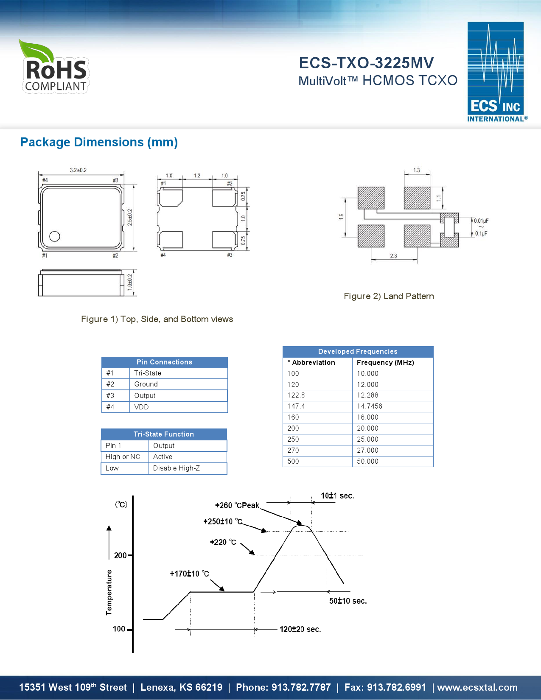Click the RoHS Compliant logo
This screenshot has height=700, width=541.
tap(54, 67)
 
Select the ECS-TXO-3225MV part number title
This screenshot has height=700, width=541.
tap(366, 63)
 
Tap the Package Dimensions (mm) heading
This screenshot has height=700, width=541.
tap(99, 142)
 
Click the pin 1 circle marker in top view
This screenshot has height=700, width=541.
tap(55, 236)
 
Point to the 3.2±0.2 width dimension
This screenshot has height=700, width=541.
tap(78, 170)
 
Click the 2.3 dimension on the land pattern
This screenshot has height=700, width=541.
tap(393, 256)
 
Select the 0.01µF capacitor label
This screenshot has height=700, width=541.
tap(481, 221)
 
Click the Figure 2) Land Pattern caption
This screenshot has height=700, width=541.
tap(389, 296)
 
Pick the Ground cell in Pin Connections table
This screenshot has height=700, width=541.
tap(146, 384)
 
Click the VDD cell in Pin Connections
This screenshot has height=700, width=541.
tap(141, 407)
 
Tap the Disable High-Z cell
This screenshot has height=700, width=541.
tap(176, 468)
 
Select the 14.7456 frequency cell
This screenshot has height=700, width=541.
tap(369, 406)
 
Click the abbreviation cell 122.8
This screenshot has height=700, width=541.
tap(296, 395)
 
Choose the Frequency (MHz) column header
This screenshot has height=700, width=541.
tap(385, 362)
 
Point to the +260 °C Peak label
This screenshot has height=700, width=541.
tap(237, 505)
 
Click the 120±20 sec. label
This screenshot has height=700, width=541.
tap(300, 629)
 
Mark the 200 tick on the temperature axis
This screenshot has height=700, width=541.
tap(121, 555)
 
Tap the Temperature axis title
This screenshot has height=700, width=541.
tap(109, 592)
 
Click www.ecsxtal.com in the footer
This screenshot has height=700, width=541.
tap(477, 687)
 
